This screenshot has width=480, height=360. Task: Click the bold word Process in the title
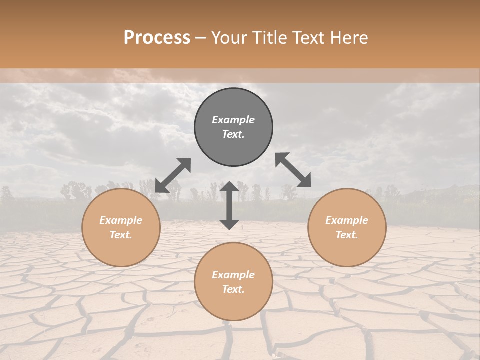coord(157,38)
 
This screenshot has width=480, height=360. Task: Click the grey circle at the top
coord(233,127)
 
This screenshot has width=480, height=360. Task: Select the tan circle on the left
coord(121,227)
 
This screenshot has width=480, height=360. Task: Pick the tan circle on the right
coord(347,227)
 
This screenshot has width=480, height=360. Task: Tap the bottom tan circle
coord(233,282)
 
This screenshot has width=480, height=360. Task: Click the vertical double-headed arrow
coord(229,205)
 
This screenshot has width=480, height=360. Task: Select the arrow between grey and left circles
coord(173,175)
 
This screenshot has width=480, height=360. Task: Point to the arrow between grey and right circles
coord(293,170)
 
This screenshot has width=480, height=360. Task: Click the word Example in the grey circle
coord(233,120)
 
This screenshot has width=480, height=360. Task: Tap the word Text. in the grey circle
coord(233,134)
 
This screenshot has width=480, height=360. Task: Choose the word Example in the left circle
coord(121,220)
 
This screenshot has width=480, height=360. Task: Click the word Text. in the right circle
coord(347,235)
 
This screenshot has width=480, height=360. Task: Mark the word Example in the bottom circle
coord(233,275)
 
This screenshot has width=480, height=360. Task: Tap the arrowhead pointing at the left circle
coord(161,186)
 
